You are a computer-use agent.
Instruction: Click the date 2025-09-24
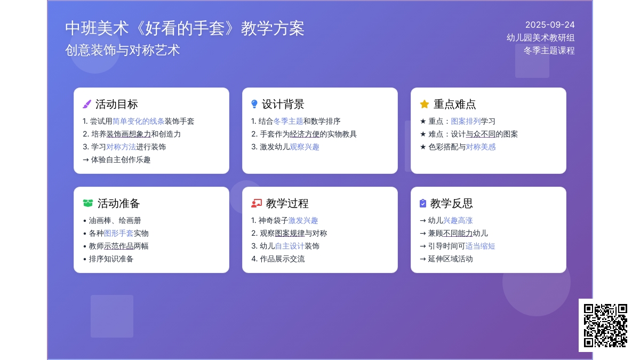pyautogui.click(x=550, y=25)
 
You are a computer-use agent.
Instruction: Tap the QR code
pyautogui.click(x=605, y=325)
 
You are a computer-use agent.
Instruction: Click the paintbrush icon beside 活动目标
pyautogui.click(x=87, y=105)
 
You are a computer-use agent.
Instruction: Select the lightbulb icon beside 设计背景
pyautogui.click(x=254, y=104)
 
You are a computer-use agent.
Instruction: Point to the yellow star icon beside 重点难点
pyautogui.click(x=425, y=104)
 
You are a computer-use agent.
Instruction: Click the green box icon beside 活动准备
pyautogui.click(x=88, y=203)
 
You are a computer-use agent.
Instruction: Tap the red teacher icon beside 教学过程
pyautogui.click(x=257, y=203)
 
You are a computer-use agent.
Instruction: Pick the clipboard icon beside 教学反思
pyautogui.click(x=423, y=203)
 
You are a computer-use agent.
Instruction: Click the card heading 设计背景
pyautogui.click(x=283, y=105)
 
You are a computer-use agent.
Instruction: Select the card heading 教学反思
pyautogui.click(x=451, y=203)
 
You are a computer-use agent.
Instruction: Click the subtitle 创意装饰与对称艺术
pyautogui.click(x=123, y=50)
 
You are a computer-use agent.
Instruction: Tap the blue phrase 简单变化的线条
pyautogui.click(x=138, y=121)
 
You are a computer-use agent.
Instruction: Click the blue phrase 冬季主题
pyautogui.click(x=289, y=121)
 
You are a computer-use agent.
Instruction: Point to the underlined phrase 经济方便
pyautogui.click(x=305, y=134)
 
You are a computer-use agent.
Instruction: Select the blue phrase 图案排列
pyautogui.click(x=466, y=121)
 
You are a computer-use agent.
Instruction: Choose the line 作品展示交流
pyautogui.click(x=278, y=259)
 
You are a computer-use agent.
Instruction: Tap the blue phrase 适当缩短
pyautogui.click(x=480, y=246)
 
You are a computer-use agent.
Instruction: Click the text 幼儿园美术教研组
pyautogui.click(x=541, y=38)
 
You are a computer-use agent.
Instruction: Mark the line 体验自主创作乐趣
pyautogui.click(x=117, y=159)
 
